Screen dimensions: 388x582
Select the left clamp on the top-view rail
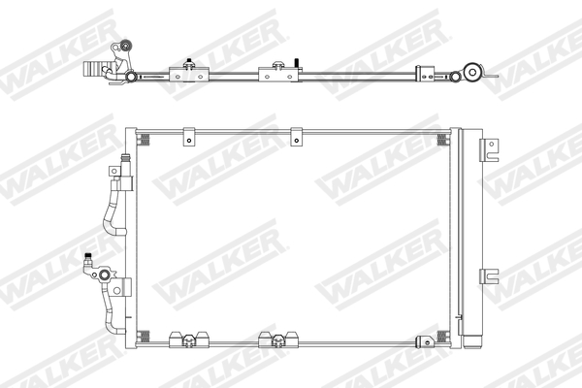pos(185,70)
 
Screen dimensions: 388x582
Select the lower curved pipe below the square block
pos(109,310)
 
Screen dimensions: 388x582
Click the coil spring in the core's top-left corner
pos(145,142)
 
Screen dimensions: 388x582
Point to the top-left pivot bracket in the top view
pos(122,48)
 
